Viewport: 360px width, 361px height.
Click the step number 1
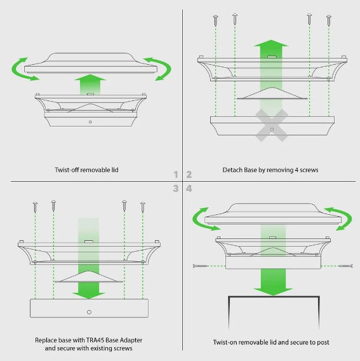point(176,175)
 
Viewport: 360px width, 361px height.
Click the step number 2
point(189,175)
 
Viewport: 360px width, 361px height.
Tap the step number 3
point(176,189)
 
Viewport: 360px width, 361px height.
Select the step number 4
point(189,189)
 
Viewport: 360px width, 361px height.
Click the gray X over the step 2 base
point(272,125)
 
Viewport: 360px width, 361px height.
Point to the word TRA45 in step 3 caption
point(95,340)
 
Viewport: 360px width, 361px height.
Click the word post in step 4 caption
point(323,343)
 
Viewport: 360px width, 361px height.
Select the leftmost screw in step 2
point(215,20)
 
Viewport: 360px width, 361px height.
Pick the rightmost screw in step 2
point(329,20)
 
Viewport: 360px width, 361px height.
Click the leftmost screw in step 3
point(35,207)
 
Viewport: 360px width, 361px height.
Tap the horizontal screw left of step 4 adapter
point(200,266)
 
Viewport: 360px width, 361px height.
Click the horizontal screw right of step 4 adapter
point(346,266)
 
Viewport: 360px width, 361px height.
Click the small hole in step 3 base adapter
point(90,312)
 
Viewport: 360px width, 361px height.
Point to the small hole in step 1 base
point(90,122)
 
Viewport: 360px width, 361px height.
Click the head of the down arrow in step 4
point(273,292)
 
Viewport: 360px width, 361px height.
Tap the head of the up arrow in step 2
point(271,43)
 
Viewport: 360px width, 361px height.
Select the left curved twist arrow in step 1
point(22,69)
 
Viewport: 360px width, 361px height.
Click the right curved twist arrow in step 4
point(342,219)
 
